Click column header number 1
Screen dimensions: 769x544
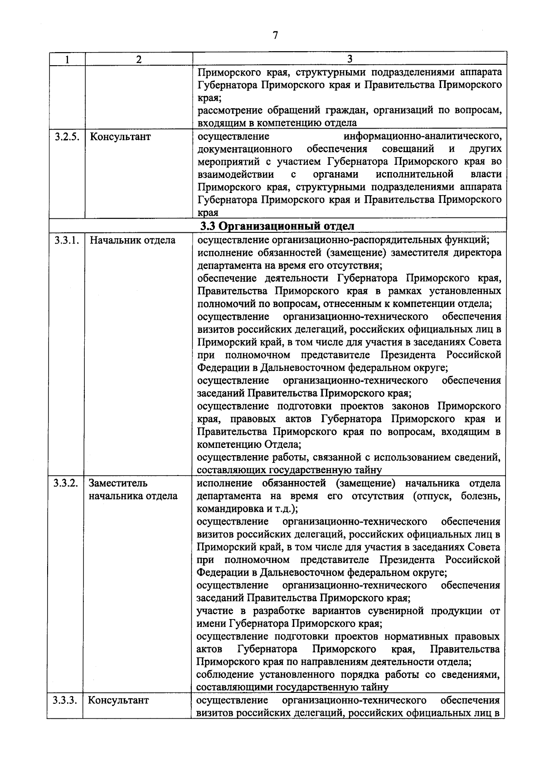[67, 59]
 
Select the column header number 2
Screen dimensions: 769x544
[139, 59]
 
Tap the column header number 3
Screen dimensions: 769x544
[350, 59]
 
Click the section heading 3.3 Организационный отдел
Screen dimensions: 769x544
[277, 226]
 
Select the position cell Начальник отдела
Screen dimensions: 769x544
[132, 240]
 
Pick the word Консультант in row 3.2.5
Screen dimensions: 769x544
[120, 136]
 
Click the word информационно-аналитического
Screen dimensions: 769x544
[422, 136]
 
